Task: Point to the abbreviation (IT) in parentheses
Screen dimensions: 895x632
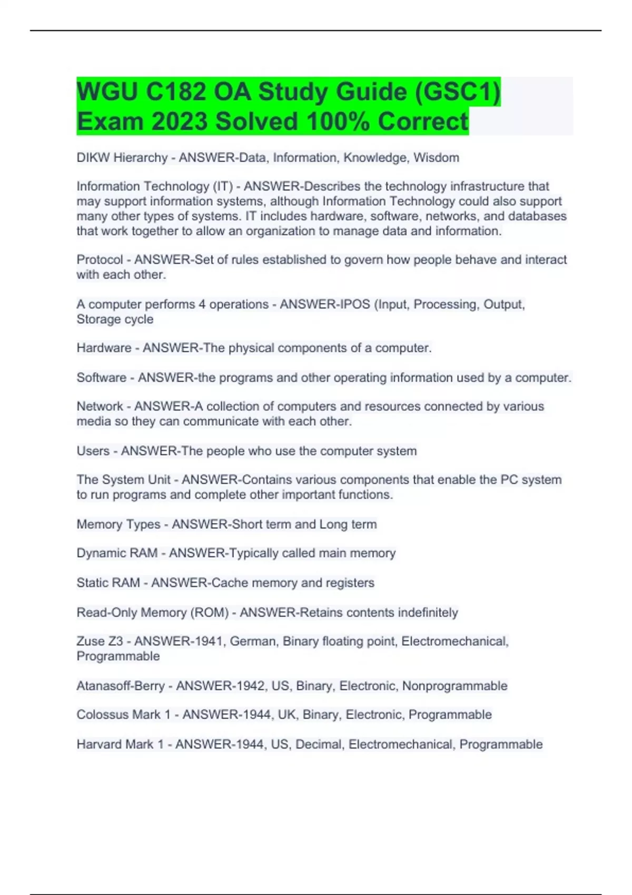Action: coord(223,186)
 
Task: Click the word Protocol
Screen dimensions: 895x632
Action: coord(100,260)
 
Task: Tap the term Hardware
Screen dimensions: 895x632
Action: coord(104,348)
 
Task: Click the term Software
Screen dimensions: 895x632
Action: coord(101,377)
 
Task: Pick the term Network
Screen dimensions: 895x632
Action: coord(100,406)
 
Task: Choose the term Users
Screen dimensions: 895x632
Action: coord(93,451)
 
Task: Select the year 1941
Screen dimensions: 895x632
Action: coord(210,641)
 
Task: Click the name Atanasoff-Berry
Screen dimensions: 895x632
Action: coord(121,686)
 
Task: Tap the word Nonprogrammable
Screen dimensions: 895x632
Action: coord(455,686)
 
